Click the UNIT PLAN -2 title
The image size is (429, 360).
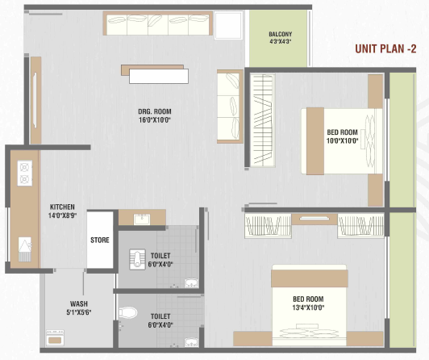click(x=385, y=49)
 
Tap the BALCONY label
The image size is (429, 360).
click(x=280, y=34)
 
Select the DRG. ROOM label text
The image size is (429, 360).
click(x=155, y=111)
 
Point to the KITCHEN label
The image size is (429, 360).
click(x=62, y=207)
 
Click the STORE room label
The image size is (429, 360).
click(x=100, y=240)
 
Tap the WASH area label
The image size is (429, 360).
click(x=79, y=303)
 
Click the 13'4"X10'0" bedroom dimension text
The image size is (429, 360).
click(x=308, y=308)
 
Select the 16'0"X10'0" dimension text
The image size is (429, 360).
click(x=155, y=120)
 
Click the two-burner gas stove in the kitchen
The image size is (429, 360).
click(x=25, y=174)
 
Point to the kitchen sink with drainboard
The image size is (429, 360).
click(x=25, y=249)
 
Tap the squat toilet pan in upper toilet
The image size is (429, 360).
click(x=136, y=259)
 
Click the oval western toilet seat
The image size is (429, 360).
click(x=127, y=312)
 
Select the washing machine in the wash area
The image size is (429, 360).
click(x=56, y=338)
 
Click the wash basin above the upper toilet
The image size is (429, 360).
click(x=142, y=220)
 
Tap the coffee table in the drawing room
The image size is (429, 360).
click(x=155, y=74)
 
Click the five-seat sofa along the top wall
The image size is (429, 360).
click(x=158, y=23)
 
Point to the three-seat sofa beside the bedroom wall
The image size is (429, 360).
click(x=230, y=107)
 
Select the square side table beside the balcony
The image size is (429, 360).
click(x=229, y=25)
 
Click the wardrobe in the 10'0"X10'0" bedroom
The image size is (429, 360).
click(x=263, y=120)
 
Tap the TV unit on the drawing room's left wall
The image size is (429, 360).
click(x=35, y=100)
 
